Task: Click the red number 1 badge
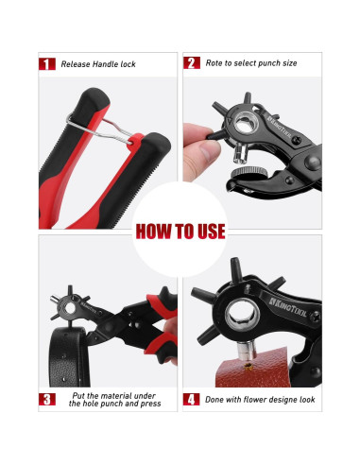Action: [x=45, y=64]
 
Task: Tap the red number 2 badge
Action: [x=191, y=64]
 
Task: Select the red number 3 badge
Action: [x=45, y=399]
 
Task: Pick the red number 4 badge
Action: [x=191, y=399]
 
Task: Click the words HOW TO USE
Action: [x=180, y=230]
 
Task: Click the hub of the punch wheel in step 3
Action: [x=75, y=302]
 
